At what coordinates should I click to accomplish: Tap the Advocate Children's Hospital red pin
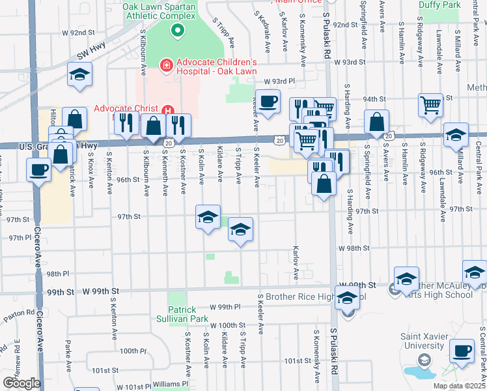[x=166, y=65]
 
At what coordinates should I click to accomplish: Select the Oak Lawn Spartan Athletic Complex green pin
[x=176, y=30]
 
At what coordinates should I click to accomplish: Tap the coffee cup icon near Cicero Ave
[x=38, y=170]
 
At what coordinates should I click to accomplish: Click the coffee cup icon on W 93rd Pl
[x=267, y=101]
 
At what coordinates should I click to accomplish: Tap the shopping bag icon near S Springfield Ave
[x=377, y=121]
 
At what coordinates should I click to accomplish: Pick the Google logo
[x=21, y=383]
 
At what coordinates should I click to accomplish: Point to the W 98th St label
[x=354, y=248]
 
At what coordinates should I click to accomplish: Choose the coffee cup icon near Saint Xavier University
[x=462, y=351]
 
